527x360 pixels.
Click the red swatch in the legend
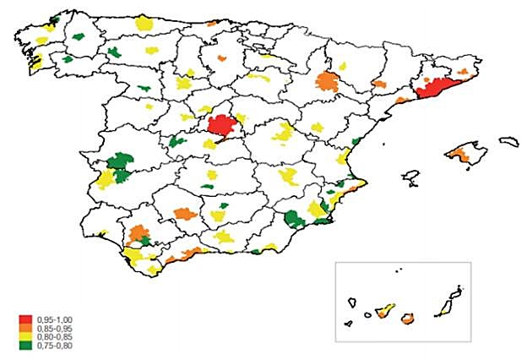coord(24,319)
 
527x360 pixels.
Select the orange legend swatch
coord(24,328)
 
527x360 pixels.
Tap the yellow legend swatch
coord(24,336)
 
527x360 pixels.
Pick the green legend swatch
coord(24,345)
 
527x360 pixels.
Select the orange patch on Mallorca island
coord(461,154)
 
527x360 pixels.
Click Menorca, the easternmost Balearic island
coord(508,141)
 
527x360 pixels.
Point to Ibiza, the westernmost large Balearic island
coord(412,177)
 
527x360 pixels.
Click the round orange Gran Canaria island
coord(407,318)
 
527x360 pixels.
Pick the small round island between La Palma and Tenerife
coord(368,316)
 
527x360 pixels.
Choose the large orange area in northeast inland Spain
coord(328,83)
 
